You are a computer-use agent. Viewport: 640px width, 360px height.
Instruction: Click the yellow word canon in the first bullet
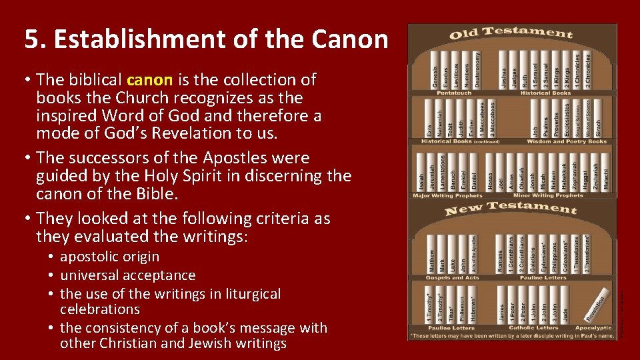150,80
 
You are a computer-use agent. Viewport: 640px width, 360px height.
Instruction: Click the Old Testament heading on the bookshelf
511,33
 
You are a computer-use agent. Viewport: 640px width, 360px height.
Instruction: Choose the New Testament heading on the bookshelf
511,209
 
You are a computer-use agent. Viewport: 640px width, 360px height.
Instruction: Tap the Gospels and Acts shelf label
453,277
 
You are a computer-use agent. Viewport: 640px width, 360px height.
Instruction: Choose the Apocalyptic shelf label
593,328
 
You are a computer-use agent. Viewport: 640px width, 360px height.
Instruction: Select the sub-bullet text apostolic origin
109,257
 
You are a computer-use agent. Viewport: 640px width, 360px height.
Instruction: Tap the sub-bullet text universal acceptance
127,275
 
